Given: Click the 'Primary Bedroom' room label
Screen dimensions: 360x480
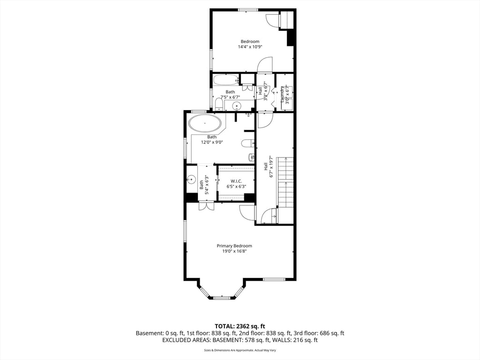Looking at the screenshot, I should coord(234,246).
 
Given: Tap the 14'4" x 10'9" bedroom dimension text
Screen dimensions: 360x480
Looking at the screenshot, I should coord(249,47).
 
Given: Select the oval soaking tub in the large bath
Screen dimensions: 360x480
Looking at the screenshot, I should coord(205,124).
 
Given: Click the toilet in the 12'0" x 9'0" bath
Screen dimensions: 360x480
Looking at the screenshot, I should coord(247,143).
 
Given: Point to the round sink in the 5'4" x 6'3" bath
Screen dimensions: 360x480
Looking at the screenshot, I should coord(191,179).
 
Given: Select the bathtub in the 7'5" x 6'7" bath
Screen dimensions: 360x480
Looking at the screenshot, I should coord(225,80).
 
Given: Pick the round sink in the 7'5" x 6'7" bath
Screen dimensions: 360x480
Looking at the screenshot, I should coord(237,105).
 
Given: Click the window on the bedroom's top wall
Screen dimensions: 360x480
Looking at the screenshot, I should coord(247,9).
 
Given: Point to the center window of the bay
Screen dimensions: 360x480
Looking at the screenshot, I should coord(221,298).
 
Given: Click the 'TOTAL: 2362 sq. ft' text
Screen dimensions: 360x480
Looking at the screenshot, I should coord(240,326).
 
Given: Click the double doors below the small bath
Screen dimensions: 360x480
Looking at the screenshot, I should coord(206,206).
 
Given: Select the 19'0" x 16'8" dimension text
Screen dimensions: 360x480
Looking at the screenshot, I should coord(234,251).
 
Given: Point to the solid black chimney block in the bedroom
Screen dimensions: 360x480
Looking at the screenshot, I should coord(291,37).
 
